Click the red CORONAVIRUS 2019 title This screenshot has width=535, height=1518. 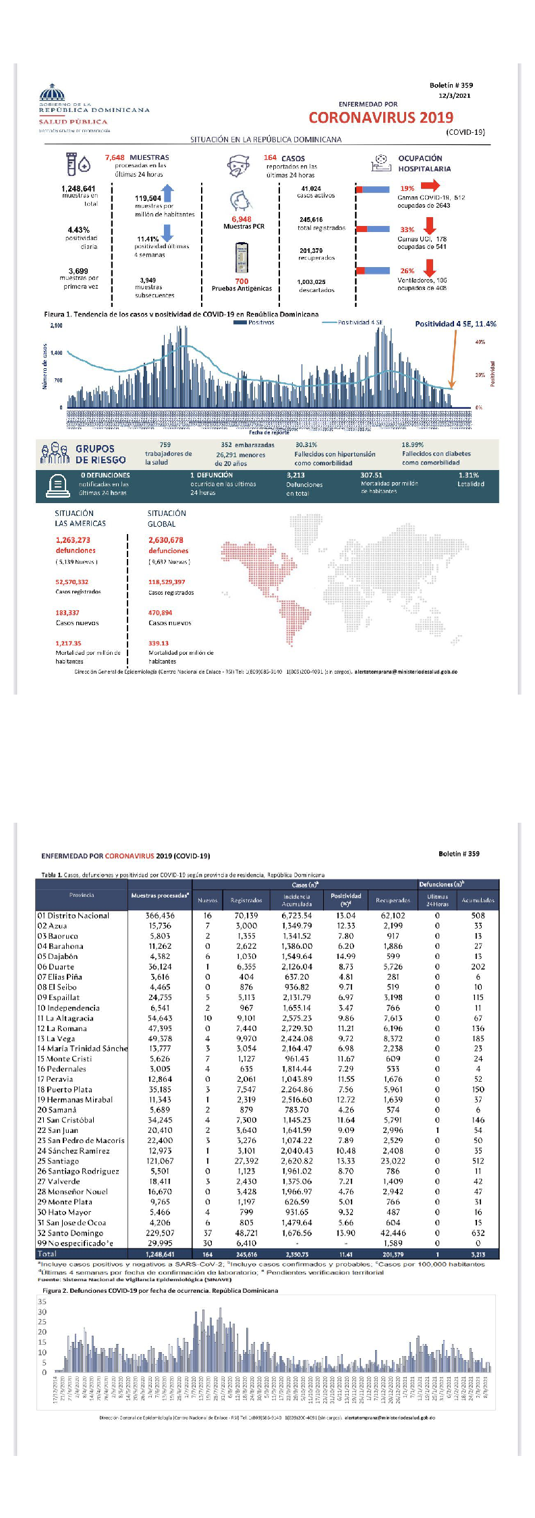click(x=381, y=117)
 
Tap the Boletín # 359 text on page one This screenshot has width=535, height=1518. click(x=451, y=86)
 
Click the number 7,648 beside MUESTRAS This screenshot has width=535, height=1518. click(x=115, y=158)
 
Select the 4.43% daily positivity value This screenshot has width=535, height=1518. click(x=78, y=230)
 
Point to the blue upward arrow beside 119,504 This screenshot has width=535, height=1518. click(x=168, y=194)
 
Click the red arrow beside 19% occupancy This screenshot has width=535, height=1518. click(x=430, y=185)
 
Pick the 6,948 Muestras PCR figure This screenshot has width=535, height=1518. click(x=241, y=219)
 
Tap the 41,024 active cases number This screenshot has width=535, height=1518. click(x=311, y=189)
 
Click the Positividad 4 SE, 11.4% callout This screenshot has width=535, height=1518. click(x=455, y=324)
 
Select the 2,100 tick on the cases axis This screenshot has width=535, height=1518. click(x=56, y=326)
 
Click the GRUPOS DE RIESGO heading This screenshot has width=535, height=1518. click(x=101, y=454)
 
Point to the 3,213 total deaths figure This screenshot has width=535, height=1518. click(x=295, y=475)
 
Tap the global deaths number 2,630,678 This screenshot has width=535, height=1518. click(x=166, y=540)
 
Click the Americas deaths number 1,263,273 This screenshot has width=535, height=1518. click(x=73, y=540)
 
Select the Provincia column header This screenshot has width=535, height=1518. click(x=82, y=895)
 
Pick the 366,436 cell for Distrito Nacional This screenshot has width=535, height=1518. click(x=160, y=916)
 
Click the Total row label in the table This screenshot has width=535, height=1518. click(x=47, y=1254)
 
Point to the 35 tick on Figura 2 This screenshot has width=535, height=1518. click(x=42, y=1302)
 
